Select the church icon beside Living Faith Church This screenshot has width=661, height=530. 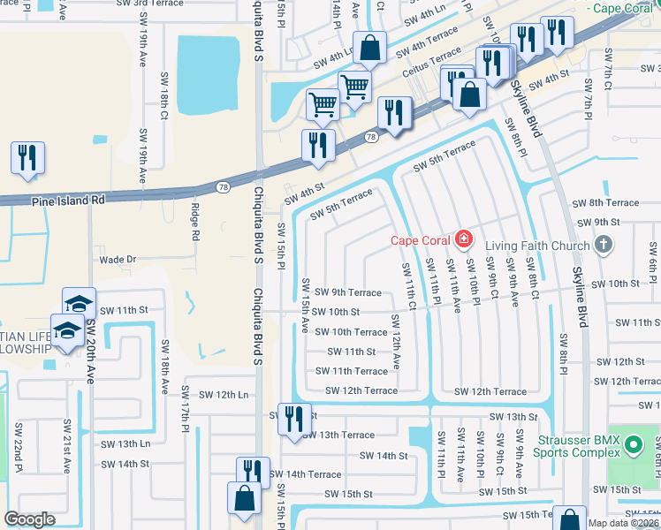tap(604, 243)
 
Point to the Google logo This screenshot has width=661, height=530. tap(29, 519)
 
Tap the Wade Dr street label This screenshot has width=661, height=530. tap(117, 260)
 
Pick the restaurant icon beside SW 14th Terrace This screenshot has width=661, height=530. tap(253, 473)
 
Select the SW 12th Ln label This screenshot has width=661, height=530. tap(224, 394)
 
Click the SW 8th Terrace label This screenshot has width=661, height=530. tap(605, 203)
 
